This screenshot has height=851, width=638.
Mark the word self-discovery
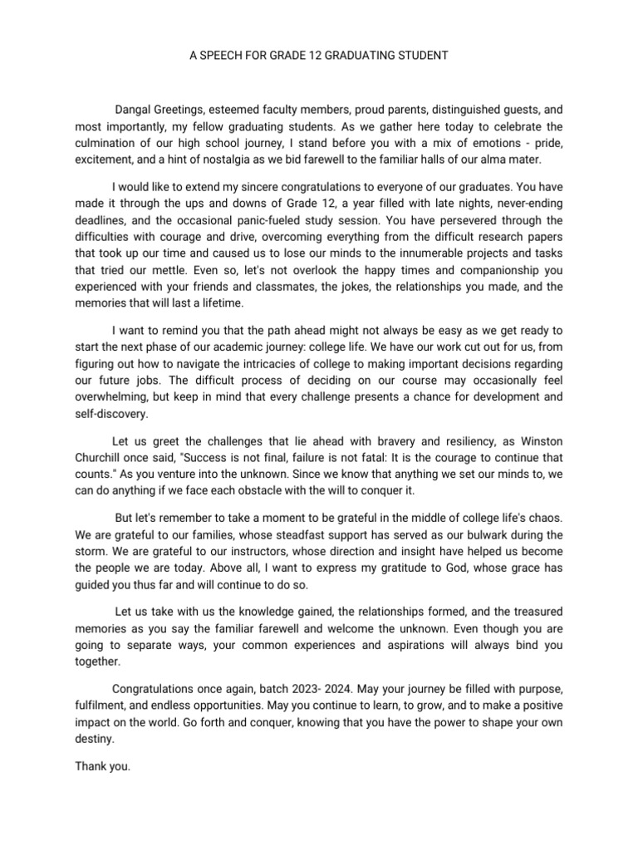[110, 413]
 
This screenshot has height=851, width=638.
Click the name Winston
[541, 440]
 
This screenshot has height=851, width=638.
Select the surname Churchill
[100, 458]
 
